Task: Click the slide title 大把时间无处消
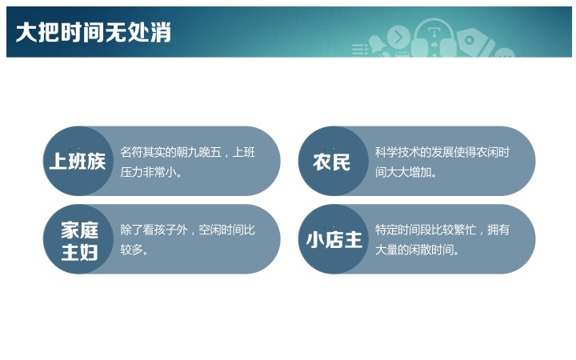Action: tap(94, 32)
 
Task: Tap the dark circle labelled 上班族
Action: tap(78, 161)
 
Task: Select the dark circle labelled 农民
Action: tap(333, 161)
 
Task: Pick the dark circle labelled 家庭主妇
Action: tap(78, 239)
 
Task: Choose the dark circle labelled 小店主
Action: tap(333, 239)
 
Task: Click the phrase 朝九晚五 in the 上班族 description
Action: tap(198, 152)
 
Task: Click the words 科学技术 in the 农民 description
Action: tap(397, 152)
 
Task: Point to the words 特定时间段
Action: tap(402, 230)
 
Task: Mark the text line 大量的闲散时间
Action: tap(417, 250)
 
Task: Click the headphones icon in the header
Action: tap(434, 38)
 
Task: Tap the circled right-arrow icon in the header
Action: tap(398, 38)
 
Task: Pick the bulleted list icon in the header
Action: tap(360, 50)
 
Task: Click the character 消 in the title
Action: tap(161, 32)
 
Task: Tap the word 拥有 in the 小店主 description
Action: tap(498, 230)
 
